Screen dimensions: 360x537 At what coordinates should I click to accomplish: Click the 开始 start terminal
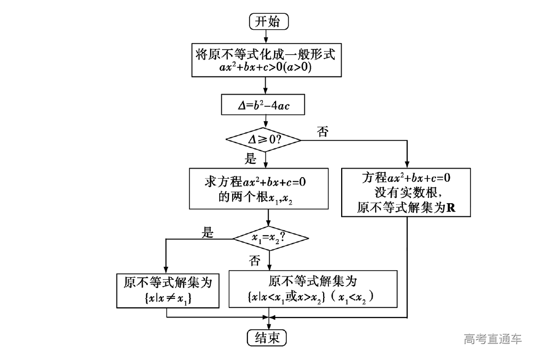coord(267,22)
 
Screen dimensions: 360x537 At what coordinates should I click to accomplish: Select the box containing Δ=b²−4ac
coord(263,105)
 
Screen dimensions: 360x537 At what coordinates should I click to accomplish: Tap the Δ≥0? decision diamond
coord(263,140)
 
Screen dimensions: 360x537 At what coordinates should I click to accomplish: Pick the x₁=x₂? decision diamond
coord(270,238)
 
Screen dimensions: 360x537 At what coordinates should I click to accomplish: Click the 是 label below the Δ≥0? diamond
coord(250,158)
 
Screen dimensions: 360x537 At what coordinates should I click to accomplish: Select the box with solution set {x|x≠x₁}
coord(168,290)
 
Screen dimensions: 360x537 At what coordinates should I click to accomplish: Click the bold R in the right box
coord(451,208)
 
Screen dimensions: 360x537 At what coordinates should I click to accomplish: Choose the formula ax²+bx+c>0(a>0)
coord(266,68)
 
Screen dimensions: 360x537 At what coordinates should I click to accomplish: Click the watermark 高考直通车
coord(492,339)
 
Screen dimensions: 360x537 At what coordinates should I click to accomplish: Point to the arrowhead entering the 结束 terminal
coord(267,327)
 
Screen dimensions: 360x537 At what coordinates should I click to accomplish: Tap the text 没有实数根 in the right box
coord(407,192)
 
